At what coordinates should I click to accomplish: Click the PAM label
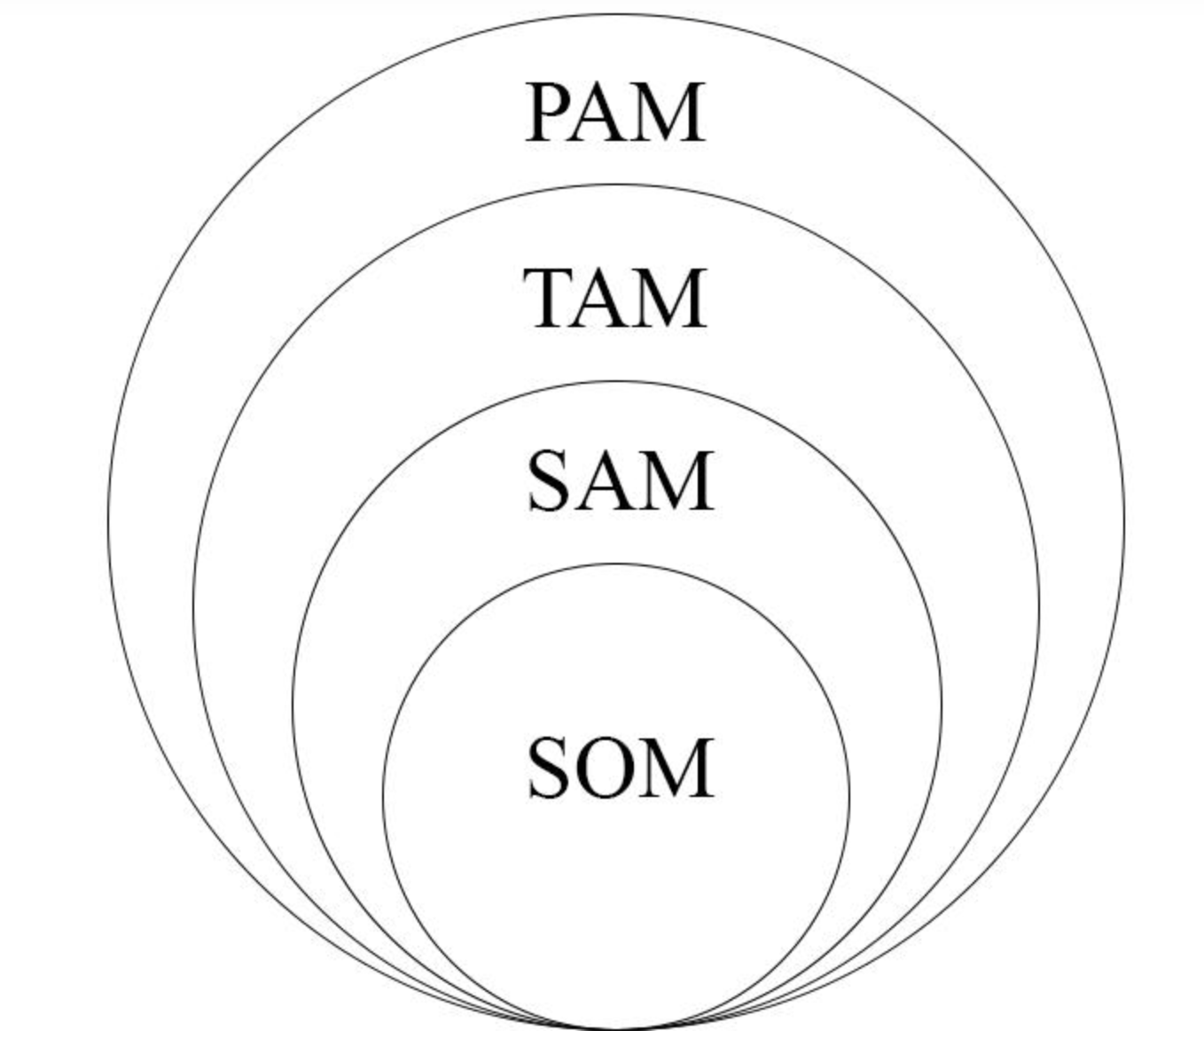coord(615,113)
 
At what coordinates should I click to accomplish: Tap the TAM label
coord(615,299)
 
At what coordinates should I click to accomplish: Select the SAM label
coord(620,481)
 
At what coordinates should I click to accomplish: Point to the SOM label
coord(620,769)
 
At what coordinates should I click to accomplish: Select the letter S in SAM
coord(550,481)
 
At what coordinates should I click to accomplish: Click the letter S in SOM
coord(550,769)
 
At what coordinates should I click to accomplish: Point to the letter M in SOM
coord(679,769)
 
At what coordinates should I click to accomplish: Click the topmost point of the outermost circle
coord(616,14)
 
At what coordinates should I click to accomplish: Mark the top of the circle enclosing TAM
coord(616,185)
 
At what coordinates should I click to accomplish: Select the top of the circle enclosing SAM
coord(616,382)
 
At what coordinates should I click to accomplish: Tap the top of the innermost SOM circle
coord(616,564)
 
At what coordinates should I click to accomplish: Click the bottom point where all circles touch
coord(616,1028)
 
